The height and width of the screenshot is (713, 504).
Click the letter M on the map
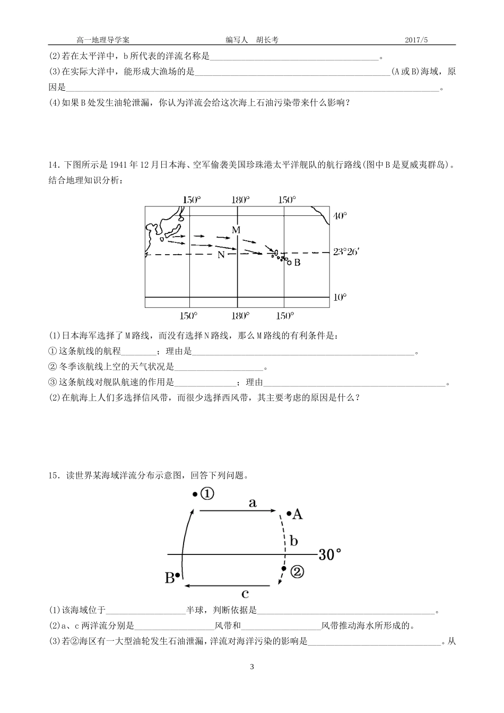pos(236,230)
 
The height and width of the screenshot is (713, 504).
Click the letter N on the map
pos(221,255)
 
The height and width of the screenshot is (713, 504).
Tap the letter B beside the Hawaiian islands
pos(297,263)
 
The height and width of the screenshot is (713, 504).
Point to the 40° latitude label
pos(340,216)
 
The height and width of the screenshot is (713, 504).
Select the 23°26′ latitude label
pos(346,252)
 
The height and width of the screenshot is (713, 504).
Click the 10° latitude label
pos(340,297)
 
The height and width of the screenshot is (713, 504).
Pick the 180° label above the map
pos(240,200)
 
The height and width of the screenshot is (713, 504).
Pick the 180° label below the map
pos(240,316)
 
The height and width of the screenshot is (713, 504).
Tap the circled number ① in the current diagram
pos(207,494)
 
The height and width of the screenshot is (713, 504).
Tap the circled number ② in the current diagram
pos(297,572)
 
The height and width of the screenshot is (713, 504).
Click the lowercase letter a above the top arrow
pos(253,503)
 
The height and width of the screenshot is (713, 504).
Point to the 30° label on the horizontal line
pos(329,555)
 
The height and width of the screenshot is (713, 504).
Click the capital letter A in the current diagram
pos(297,514)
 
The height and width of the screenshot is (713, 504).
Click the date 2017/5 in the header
pos(416,40)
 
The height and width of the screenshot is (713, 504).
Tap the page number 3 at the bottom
pos(252,667)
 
